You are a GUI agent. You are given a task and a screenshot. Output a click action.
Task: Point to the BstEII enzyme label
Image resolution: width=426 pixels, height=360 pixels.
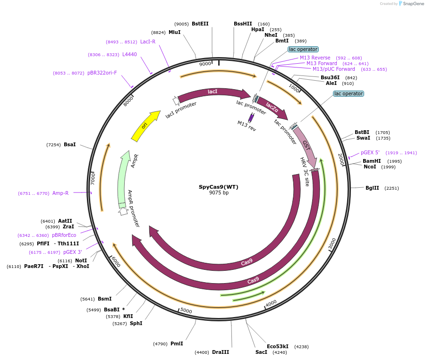(200, 24)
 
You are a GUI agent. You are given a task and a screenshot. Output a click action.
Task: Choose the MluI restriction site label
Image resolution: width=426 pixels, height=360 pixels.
(174, 33)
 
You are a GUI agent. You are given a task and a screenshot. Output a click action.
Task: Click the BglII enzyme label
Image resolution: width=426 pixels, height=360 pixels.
(372, 188)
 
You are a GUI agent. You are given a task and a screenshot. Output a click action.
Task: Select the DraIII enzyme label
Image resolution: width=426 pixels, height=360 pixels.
(221, 352)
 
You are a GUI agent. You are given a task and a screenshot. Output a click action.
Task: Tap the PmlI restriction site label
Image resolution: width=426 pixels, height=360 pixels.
(177, 344)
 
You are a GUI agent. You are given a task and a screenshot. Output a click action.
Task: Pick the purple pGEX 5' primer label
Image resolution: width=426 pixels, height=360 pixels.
(370, 153)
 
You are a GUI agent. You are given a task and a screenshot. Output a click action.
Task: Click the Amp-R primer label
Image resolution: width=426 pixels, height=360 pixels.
(60, 193)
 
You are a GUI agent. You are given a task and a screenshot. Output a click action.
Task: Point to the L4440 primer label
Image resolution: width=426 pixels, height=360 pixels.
(129, 55)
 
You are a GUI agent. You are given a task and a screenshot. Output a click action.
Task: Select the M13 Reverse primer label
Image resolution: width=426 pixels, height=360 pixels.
(315, 58)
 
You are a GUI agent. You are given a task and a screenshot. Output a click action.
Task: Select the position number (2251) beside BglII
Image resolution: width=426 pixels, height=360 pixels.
(392, 188)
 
